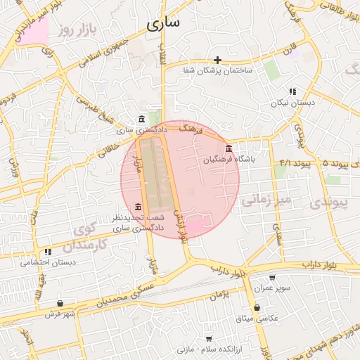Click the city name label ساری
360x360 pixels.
tap(163, 23)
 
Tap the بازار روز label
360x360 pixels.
tap(77, 30)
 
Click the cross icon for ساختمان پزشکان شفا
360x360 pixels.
tap(218, 60)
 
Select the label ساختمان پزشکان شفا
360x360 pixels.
tap(218, 71)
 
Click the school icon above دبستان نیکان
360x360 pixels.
tap(292, 91)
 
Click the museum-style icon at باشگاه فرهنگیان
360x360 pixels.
tap(229, 148)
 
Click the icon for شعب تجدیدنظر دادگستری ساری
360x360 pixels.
tap(138, 207)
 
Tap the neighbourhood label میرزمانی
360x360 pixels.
tap(266, 200)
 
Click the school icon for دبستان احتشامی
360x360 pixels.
tap(48, 252)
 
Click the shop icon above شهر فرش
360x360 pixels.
tap(59, 303)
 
